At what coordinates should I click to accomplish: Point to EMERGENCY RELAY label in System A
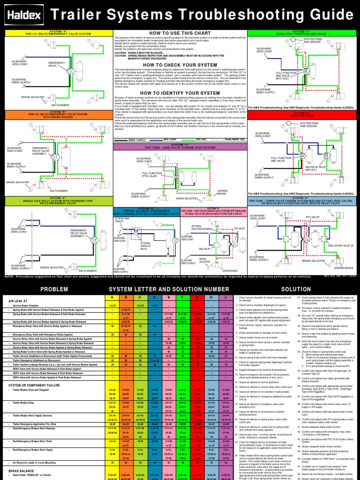[57, 65]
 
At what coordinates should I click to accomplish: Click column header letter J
[225, 297]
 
